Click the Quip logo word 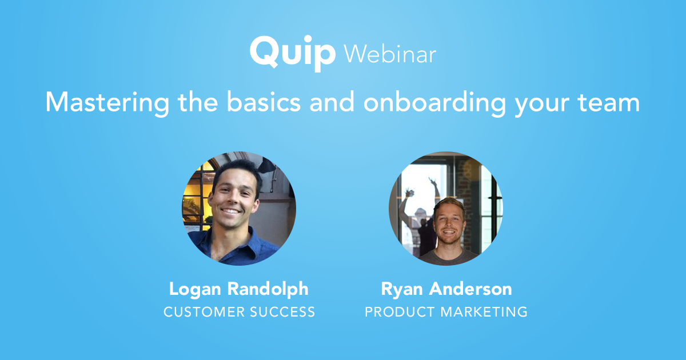[293, 54]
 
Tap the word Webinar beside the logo [390, 54]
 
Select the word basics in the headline [264, 102]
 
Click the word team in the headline [609, 102]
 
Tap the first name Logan [195, 289]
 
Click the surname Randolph [268, 289]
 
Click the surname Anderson [470, 289]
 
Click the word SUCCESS [282, 312]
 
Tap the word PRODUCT [400, 312]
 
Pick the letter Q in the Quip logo [264, 52]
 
